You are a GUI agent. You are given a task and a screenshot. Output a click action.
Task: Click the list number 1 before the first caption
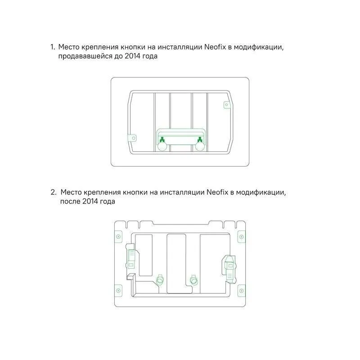point(53,47)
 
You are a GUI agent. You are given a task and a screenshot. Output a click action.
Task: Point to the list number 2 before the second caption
point(53,192)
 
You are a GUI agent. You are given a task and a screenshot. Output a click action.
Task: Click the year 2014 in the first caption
point(132,56)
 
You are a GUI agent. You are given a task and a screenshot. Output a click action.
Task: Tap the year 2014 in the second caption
point(90,201)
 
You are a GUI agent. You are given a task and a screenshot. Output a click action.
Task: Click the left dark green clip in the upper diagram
point(162,139)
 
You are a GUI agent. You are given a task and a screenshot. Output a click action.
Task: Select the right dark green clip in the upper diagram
point(199,139)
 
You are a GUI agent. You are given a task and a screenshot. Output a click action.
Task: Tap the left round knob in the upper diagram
point(162,146)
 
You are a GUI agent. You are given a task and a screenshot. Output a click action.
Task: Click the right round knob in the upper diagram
point(200,146)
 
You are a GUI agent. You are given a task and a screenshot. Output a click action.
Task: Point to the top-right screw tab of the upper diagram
point(227,105)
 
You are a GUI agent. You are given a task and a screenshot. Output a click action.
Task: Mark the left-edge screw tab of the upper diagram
point(133,138)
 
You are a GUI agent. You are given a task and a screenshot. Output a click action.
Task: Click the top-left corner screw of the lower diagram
point(118,237)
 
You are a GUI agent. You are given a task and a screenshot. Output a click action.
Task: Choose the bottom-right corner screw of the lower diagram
point(241,291)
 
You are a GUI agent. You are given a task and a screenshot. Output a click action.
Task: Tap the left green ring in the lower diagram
point(160,280)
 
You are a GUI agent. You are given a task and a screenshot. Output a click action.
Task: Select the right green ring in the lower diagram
point(194,280)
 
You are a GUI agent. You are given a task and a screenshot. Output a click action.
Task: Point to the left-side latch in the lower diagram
point(131,259)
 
